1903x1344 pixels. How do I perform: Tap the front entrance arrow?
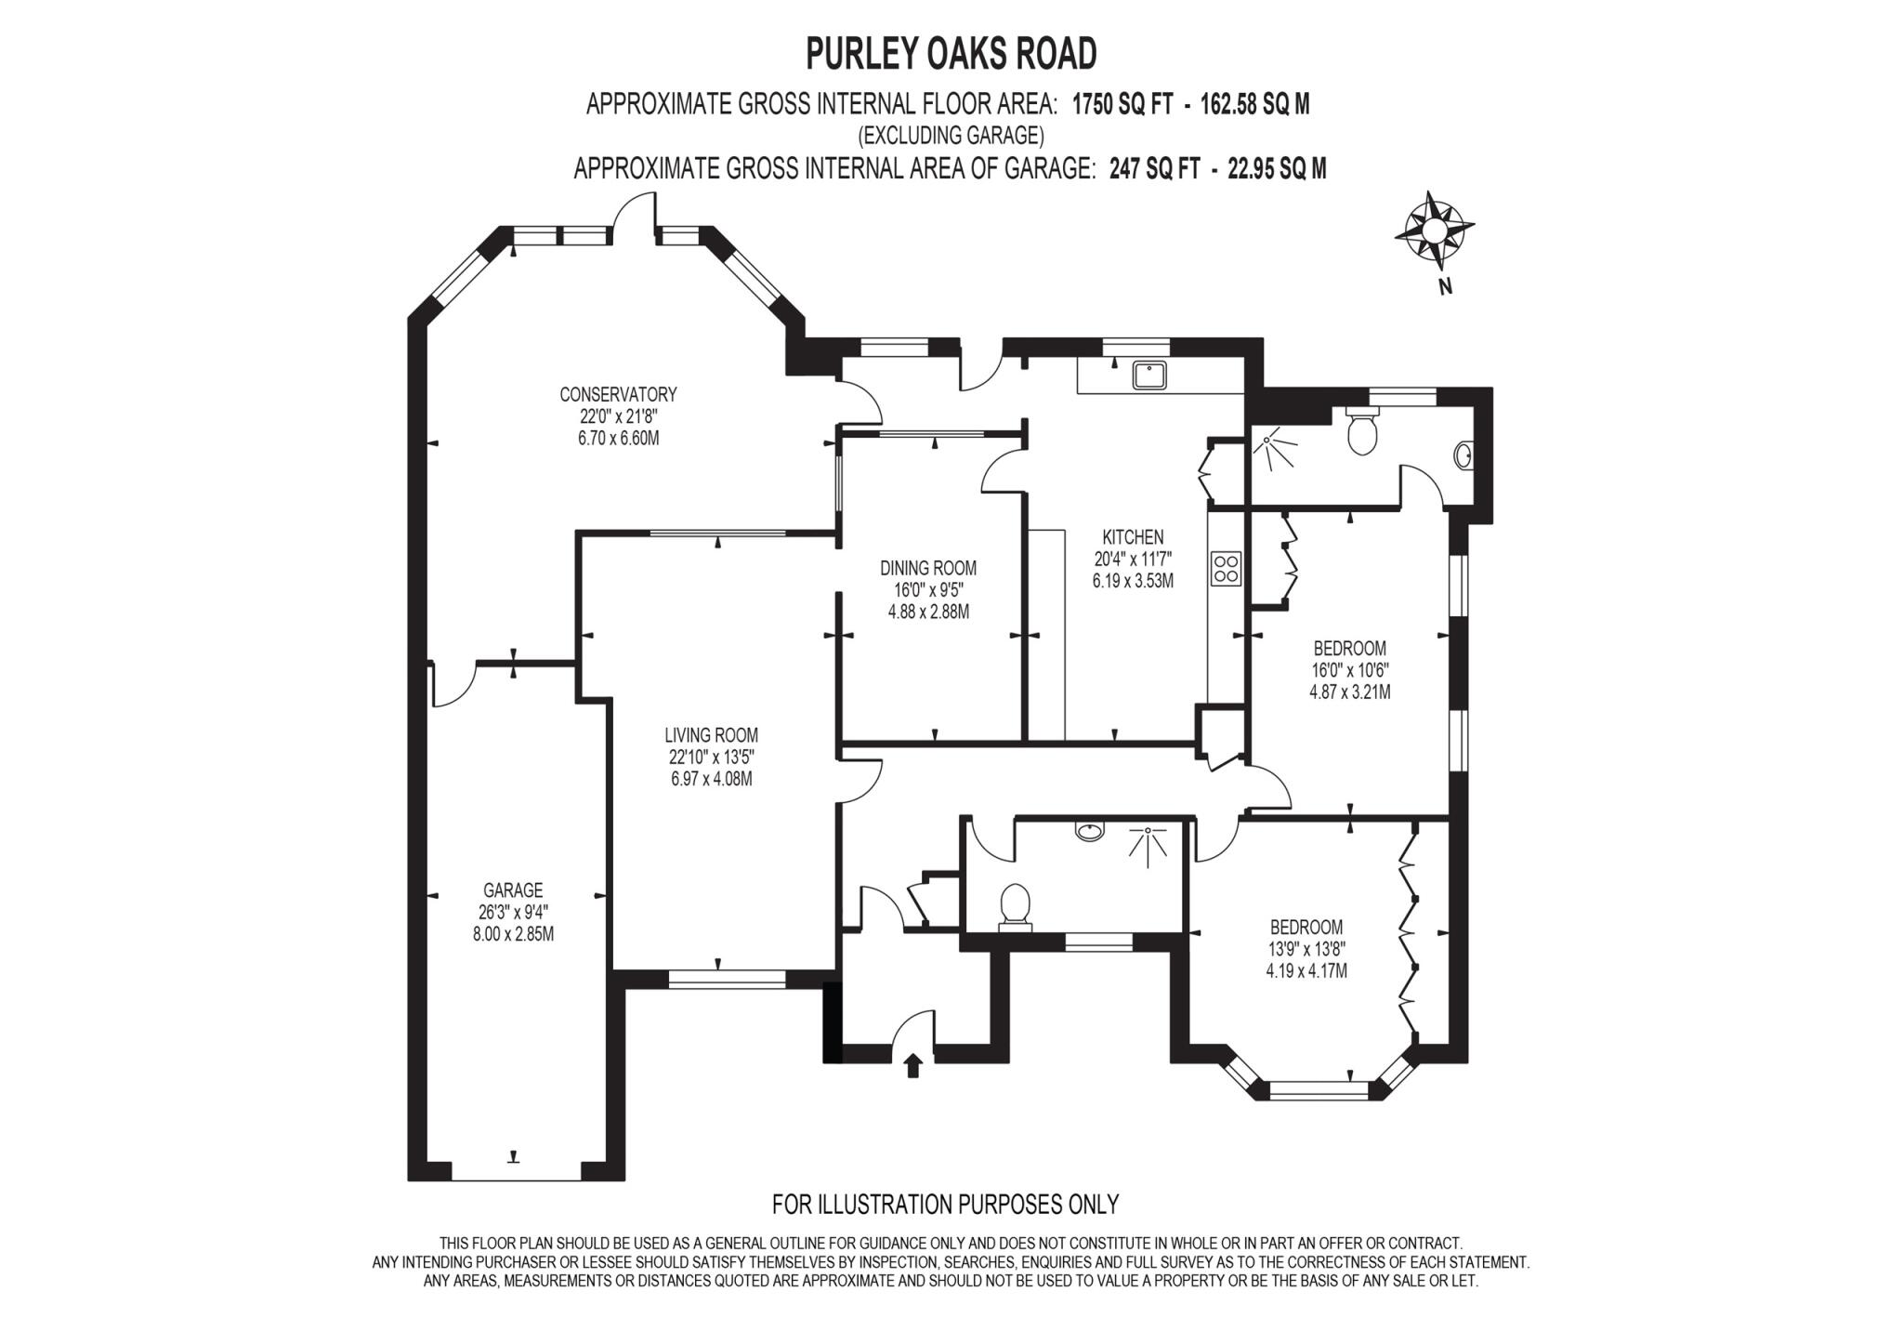point(912,1064)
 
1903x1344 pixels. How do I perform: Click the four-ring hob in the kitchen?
point(1226,568)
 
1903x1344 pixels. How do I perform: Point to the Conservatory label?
point(618,394)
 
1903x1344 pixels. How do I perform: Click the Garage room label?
point(513,890)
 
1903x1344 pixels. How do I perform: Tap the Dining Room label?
point(928,568)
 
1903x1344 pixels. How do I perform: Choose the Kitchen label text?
point(1133,537)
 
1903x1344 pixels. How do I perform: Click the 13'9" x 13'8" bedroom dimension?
point(1306,949)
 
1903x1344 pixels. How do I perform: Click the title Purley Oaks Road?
point(951,54)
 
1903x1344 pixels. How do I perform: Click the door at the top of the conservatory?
point(637,214)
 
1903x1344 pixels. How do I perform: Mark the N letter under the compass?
point(1445,287)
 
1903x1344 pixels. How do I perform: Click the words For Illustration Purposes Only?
point(945,1204)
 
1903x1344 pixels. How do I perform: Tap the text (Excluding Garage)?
point(951,136)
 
